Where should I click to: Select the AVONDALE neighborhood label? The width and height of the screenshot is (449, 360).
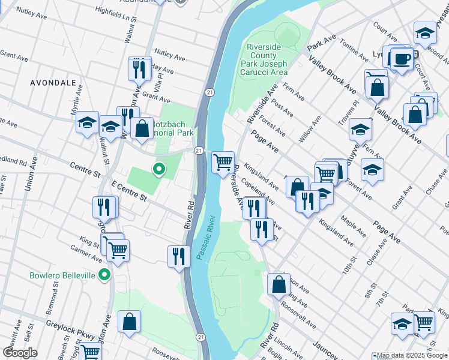53,82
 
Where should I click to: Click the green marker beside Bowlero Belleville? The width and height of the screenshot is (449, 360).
104,275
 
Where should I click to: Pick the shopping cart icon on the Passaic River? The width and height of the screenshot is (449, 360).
223,161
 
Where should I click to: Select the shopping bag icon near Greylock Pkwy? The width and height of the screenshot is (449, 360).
129,322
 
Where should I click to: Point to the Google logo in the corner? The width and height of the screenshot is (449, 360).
20,353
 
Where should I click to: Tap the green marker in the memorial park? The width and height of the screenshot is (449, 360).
158,170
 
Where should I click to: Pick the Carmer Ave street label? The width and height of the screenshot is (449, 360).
86,253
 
